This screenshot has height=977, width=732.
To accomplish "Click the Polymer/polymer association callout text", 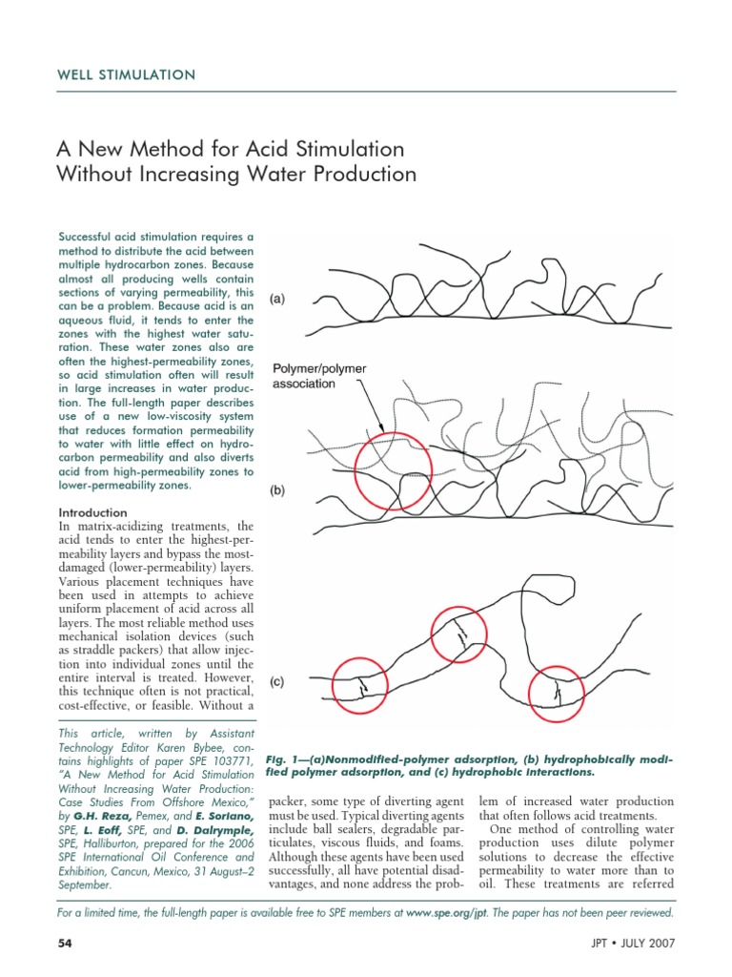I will [x=319, y=377].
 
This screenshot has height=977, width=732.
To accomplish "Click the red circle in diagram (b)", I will [x=386, y=465].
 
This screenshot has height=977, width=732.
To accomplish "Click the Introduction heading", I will [x=93, y=512].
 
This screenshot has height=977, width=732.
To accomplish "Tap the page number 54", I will [x=66, y=944].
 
